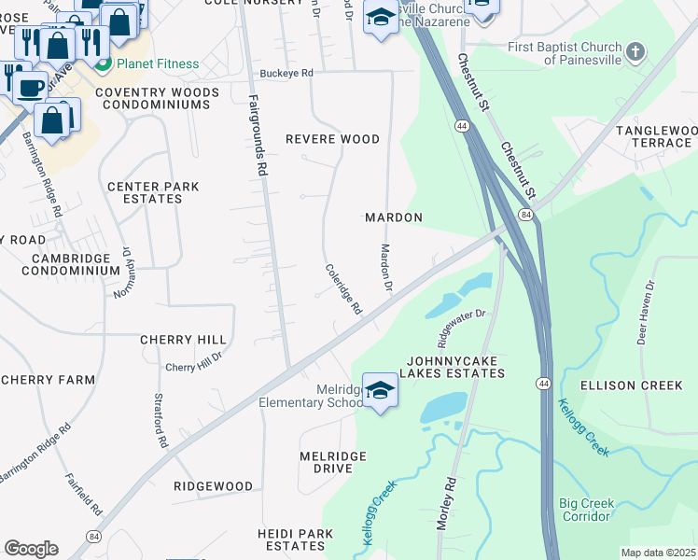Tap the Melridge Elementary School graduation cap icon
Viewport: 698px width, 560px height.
380,390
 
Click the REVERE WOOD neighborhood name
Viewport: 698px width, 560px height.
332,139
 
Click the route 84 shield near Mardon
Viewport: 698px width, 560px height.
527,216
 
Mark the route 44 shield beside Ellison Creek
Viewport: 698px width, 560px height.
542,384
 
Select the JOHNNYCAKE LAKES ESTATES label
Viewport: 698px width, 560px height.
454,366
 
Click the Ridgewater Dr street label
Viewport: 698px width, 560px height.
457,325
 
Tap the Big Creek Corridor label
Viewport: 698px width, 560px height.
586,510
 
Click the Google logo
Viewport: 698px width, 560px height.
30,548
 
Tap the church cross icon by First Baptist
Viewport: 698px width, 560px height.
635,51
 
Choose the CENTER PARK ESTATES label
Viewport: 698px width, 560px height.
153,192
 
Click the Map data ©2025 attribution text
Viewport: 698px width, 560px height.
658,553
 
